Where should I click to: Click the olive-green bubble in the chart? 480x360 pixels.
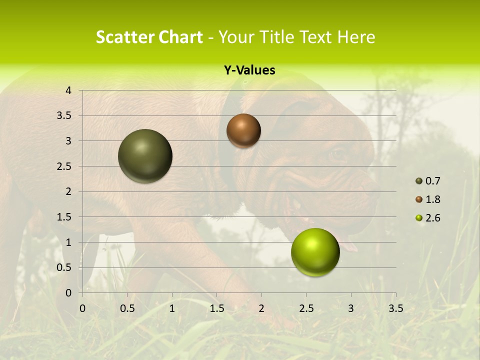[x=145, y=156]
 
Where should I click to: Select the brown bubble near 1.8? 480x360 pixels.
[x=243, y=130]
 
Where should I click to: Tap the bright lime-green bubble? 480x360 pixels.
[x=315, y=252]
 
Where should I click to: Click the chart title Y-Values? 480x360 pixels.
[x=249, y=70]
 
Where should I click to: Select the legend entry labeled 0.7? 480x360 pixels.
[x=428, y=181]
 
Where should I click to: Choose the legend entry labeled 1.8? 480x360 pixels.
[x=428, y=199]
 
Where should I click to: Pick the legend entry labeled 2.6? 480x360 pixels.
[x=428, y=218]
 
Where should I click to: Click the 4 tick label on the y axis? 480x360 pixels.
[x=68, y=90]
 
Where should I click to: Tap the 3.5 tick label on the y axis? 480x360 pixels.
[x=64, y=116]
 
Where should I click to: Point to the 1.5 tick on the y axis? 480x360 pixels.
[x=64, y=217]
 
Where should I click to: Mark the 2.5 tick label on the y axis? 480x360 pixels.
[x=64, y=166]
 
